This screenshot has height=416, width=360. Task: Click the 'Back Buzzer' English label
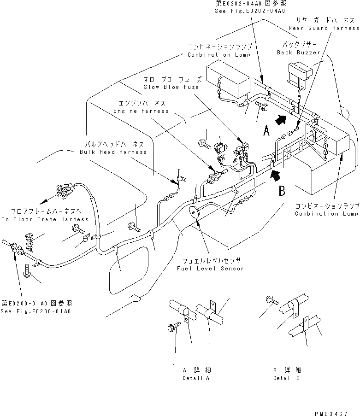[298, 53]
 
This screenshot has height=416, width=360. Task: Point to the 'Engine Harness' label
[141, 111]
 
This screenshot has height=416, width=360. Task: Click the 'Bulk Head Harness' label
[113, 152]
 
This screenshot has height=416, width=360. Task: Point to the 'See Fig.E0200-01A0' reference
[36, 311]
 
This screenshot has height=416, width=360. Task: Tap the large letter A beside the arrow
[266, 132]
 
